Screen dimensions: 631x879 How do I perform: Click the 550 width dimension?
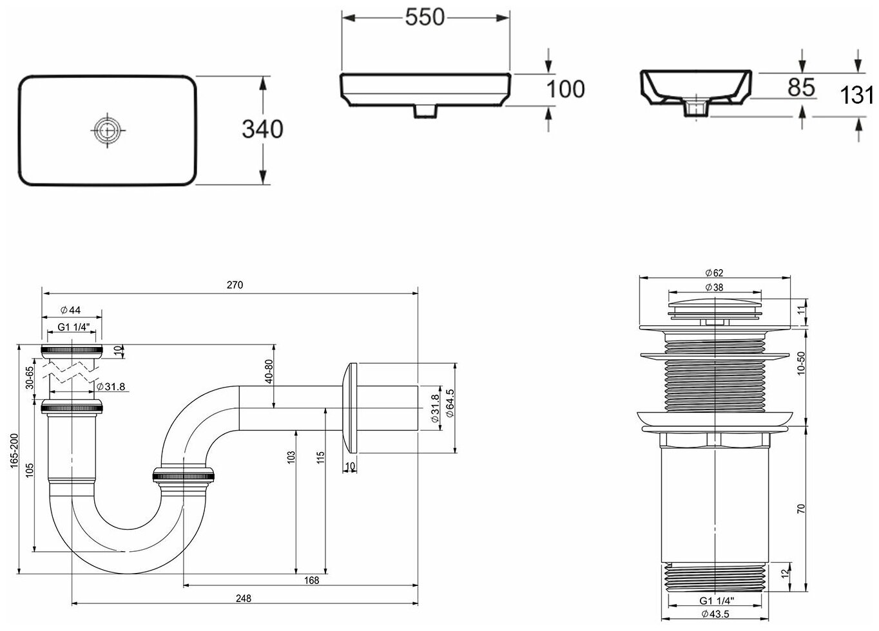pos(425,17)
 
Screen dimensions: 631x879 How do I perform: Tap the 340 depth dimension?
pos(262,129)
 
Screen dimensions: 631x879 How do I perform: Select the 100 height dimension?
pos(565,89)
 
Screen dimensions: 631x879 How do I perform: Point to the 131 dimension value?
pos(858,95)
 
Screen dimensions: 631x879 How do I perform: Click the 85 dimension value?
pos(801,88)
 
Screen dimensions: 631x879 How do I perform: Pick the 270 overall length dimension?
pos(235,285)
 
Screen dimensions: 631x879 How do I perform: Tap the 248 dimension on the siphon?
pos(243,598)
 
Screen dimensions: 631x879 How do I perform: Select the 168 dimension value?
pos(311,581)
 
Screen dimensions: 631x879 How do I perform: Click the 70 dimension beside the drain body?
pos(800,508)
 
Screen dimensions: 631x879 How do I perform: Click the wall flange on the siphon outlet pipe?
pos(350,409)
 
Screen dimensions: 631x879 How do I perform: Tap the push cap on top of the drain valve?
pos(715,301)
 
